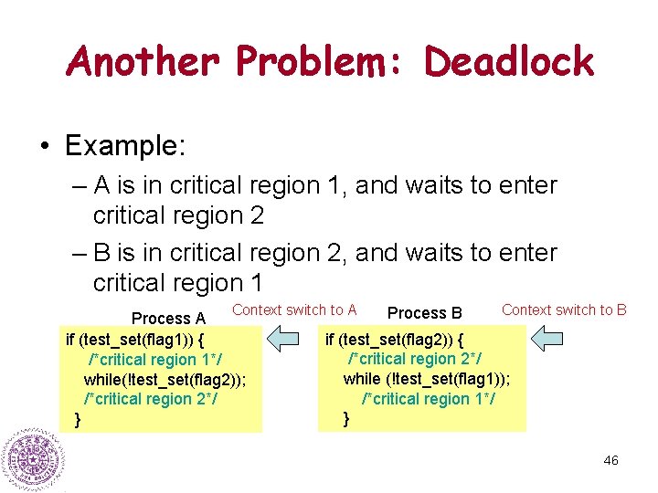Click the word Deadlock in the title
click(509, 61)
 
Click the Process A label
click(168, 319)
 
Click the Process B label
click(425, 314)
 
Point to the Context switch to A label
click(294, 310)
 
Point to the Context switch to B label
click(564, 310)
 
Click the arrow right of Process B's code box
click(548, 340)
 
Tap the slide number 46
click(610, 460)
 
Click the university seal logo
click(32, 461)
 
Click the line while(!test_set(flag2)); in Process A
click(164, 379)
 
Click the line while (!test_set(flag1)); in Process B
click(427, 379)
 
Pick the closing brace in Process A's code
click(77, 419)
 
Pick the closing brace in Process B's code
click(345, 419)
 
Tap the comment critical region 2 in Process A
click(150, 399)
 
